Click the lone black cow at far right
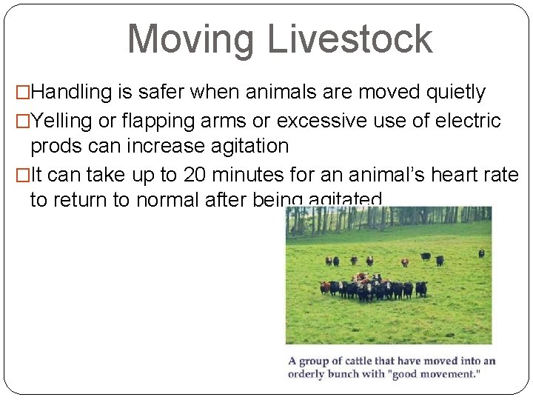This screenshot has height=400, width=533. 481,253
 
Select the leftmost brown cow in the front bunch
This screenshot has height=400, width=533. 324,287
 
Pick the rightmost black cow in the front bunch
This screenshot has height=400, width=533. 420,288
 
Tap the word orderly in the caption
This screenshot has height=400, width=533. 307,374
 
